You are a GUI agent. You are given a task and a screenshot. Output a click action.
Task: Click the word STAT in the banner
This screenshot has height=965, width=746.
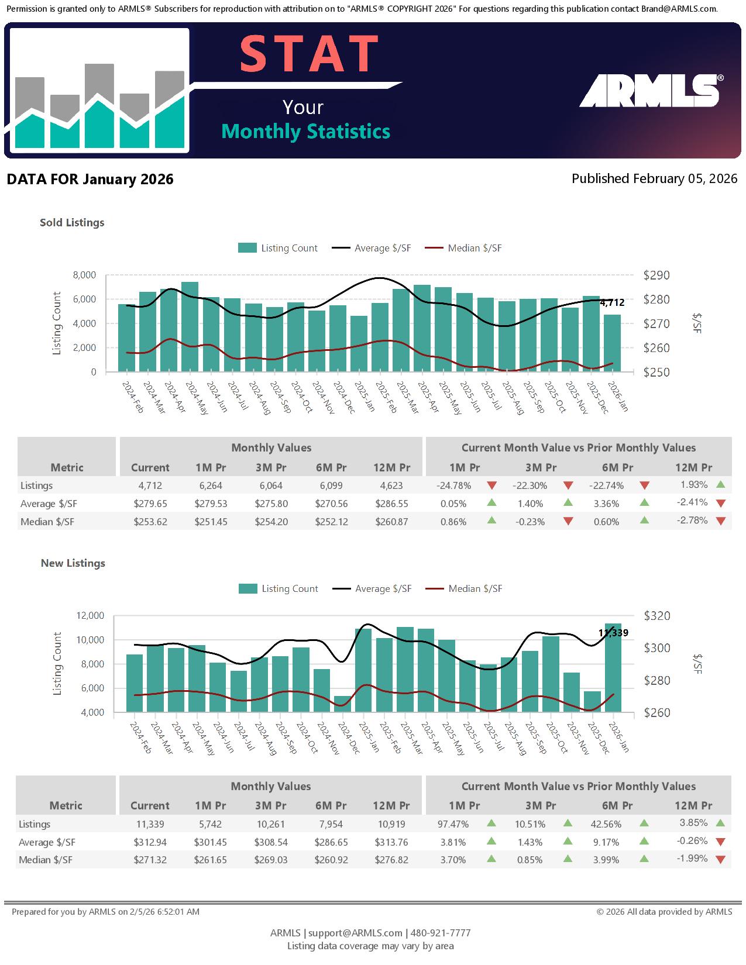(309, 54)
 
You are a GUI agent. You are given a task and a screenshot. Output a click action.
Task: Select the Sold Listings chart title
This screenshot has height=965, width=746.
(72, 223)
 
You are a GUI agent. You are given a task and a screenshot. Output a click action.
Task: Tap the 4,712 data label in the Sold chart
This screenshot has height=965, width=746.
(612, 303)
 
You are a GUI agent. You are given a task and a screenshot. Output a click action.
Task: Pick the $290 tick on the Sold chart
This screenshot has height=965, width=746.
(656, 275)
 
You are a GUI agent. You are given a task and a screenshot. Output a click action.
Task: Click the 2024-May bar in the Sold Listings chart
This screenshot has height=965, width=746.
(190, 326)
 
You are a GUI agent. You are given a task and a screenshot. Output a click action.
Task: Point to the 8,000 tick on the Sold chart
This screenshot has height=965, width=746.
(84, 275)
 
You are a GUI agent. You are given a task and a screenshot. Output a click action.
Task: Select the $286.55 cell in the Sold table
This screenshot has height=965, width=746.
(391, 504)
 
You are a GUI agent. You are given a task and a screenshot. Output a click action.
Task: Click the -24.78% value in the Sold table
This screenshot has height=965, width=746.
(453, 485)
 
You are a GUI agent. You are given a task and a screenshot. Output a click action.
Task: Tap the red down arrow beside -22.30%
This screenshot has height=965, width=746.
(568, 485)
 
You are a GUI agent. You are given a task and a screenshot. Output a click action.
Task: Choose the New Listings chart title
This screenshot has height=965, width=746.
(73, 563)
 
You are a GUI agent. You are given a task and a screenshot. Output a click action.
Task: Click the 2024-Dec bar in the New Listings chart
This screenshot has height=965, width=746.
(342, 704)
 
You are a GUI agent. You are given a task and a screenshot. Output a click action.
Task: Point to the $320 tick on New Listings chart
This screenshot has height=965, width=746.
(657, 616)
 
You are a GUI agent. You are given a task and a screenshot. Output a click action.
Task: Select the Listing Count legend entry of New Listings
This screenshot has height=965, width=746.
(279, 589)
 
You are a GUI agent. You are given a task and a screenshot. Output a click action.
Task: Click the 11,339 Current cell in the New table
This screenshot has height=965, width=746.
(150, 825)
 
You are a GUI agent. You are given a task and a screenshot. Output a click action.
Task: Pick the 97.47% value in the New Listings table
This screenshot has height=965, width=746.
(453, 825)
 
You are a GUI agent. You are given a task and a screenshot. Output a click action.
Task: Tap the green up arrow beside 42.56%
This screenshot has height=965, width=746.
(644, 823)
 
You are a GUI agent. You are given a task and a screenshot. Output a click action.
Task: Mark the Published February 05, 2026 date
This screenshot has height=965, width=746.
(654, 179)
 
